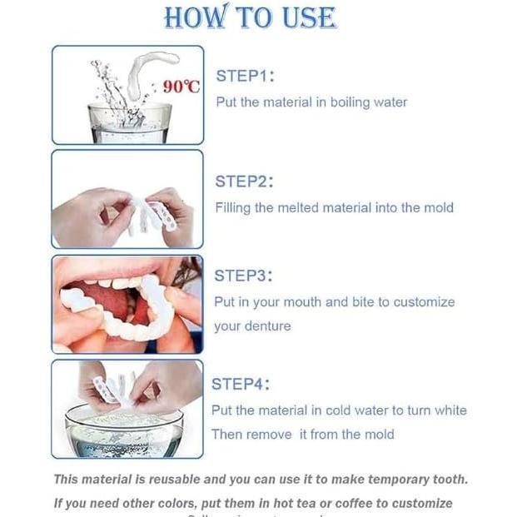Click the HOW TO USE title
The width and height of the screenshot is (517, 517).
point(250,17)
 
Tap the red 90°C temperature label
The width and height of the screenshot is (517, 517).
point(181,87)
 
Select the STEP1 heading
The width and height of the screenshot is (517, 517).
point(245,76)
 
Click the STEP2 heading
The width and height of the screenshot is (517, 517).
point(244,181)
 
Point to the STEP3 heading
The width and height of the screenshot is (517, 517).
point(243,276)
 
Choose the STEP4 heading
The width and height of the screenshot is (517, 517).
point(241,384)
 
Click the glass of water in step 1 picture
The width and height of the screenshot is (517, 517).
point(129,122)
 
